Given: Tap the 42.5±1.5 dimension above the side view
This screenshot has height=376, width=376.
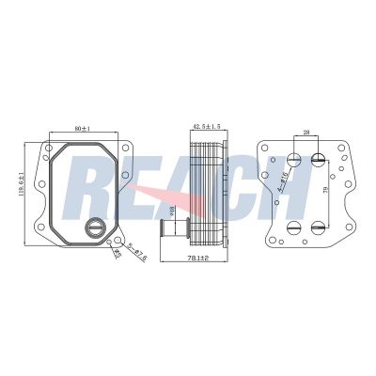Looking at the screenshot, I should pyautogui.click(x=207, y=125).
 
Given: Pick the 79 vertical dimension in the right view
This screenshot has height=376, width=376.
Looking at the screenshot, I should pyautogui.click(x=325, y=193).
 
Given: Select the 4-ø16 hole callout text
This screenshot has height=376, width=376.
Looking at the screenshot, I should pyautogui.click(x=283, y=182).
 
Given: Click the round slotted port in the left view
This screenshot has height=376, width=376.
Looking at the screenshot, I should pyautogui.click(x=95, y=226).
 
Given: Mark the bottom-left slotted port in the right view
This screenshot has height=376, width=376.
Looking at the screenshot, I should pyautogui.click(x=293, y=226).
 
